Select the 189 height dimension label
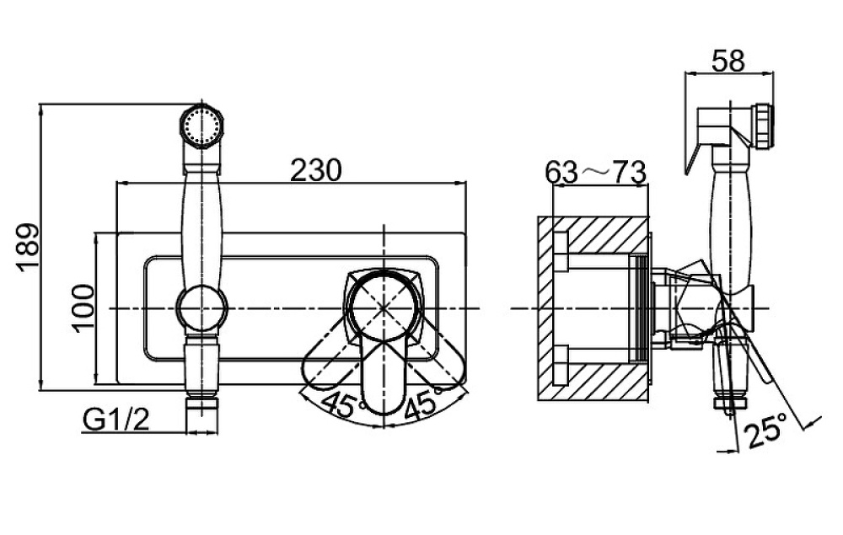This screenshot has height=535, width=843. click(x=27, y=247)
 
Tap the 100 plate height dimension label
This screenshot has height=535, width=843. click(x=83, y=308)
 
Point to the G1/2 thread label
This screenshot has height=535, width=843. click(x=116, y=420)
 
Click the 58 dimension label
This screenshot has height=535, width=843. click(x=728, y=61)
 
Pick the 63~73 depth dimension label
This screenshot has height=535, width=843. click(x=595, y=173)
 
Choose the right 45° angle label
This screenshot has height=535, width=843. click(x=425, y=403)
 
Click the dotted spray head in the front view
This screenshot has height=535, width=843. click(x=201, y=126)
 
